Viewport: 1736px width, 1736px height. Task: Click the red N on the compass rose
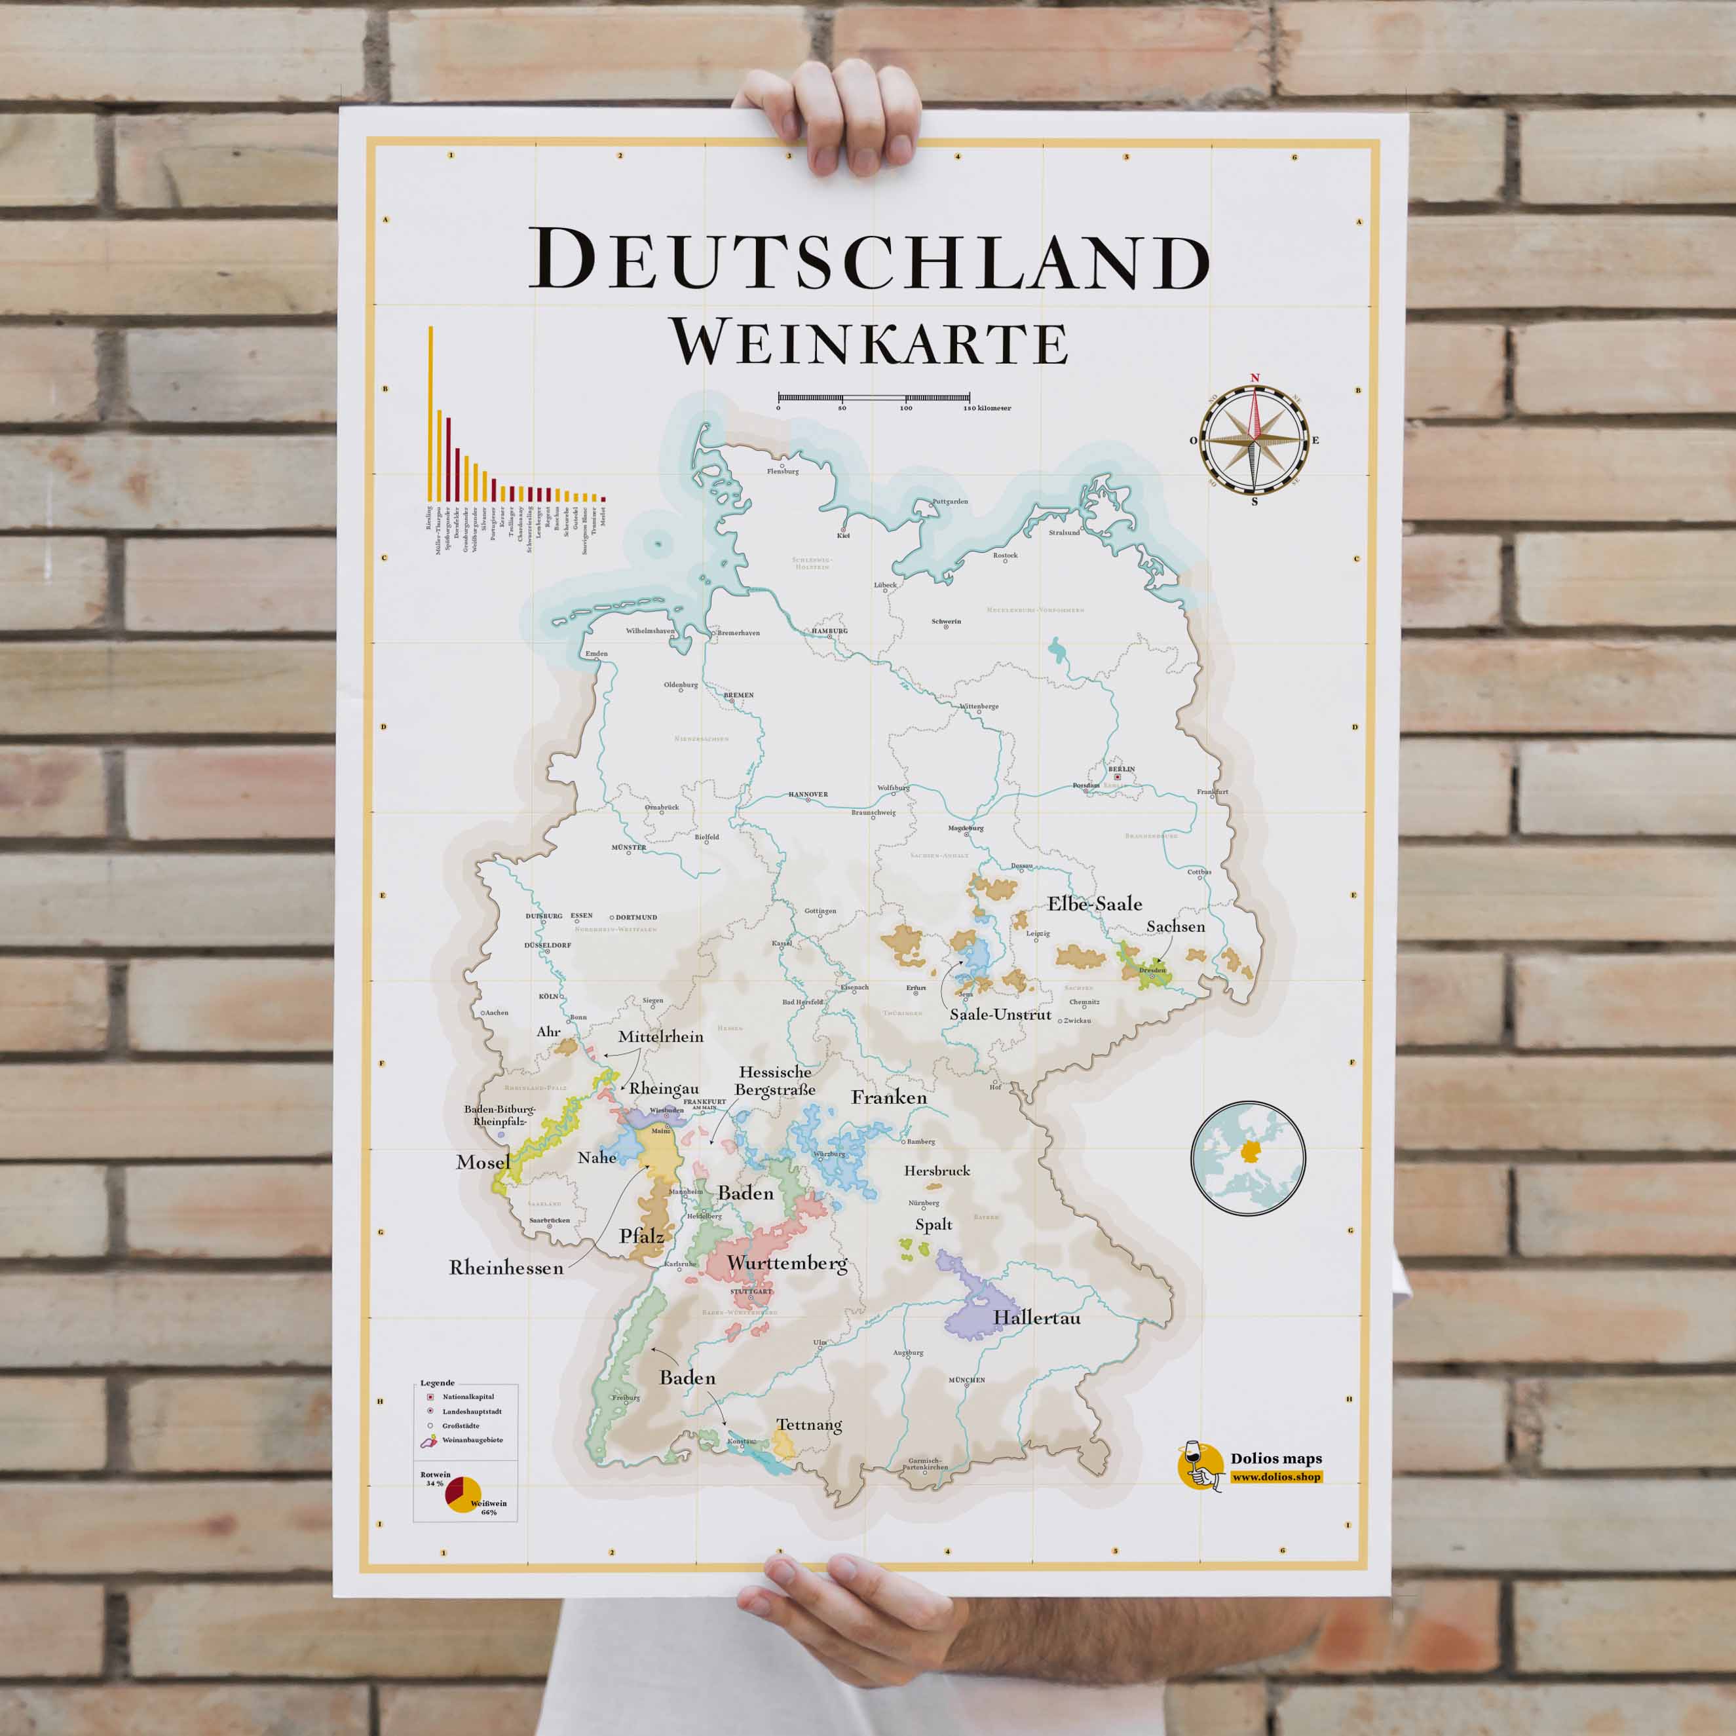point(1255,378)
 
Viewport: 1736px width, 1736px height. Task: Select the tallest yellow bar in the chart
point(430,413)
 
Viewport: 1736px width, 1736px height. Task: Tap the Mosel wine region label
point(483,1163)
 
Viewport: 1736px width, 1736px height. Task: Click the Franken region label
point(889,1098)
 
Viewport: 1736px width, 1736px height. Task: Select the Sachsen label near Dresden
point(1175,926)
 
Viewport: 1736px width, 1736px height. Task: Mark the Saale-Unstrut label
point(1000,1015)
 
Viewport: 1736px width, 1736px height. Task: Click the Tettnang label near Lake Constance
point(808,1425)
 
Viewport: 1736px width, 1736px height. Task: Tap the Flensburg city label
point(783,472)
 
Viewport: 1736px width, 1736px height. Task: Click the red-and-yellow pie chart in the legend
point(462,1494)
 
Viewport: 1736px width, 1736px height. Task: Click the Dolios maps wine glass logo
point(1201,1468)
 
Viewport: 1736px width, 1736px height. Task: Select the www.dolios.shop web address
point(1276,1477)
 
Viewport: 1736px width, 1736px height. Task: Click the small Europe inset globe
point(1247,1158)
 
